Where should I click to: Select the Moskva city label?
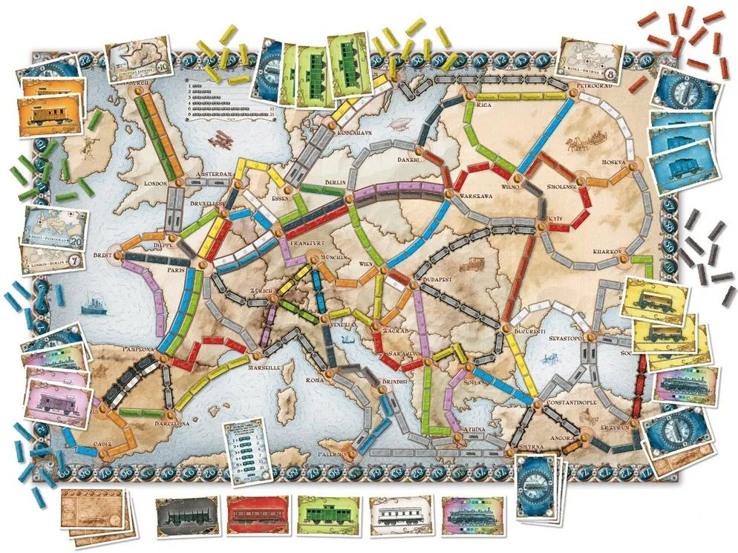(x=615, y=162)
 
